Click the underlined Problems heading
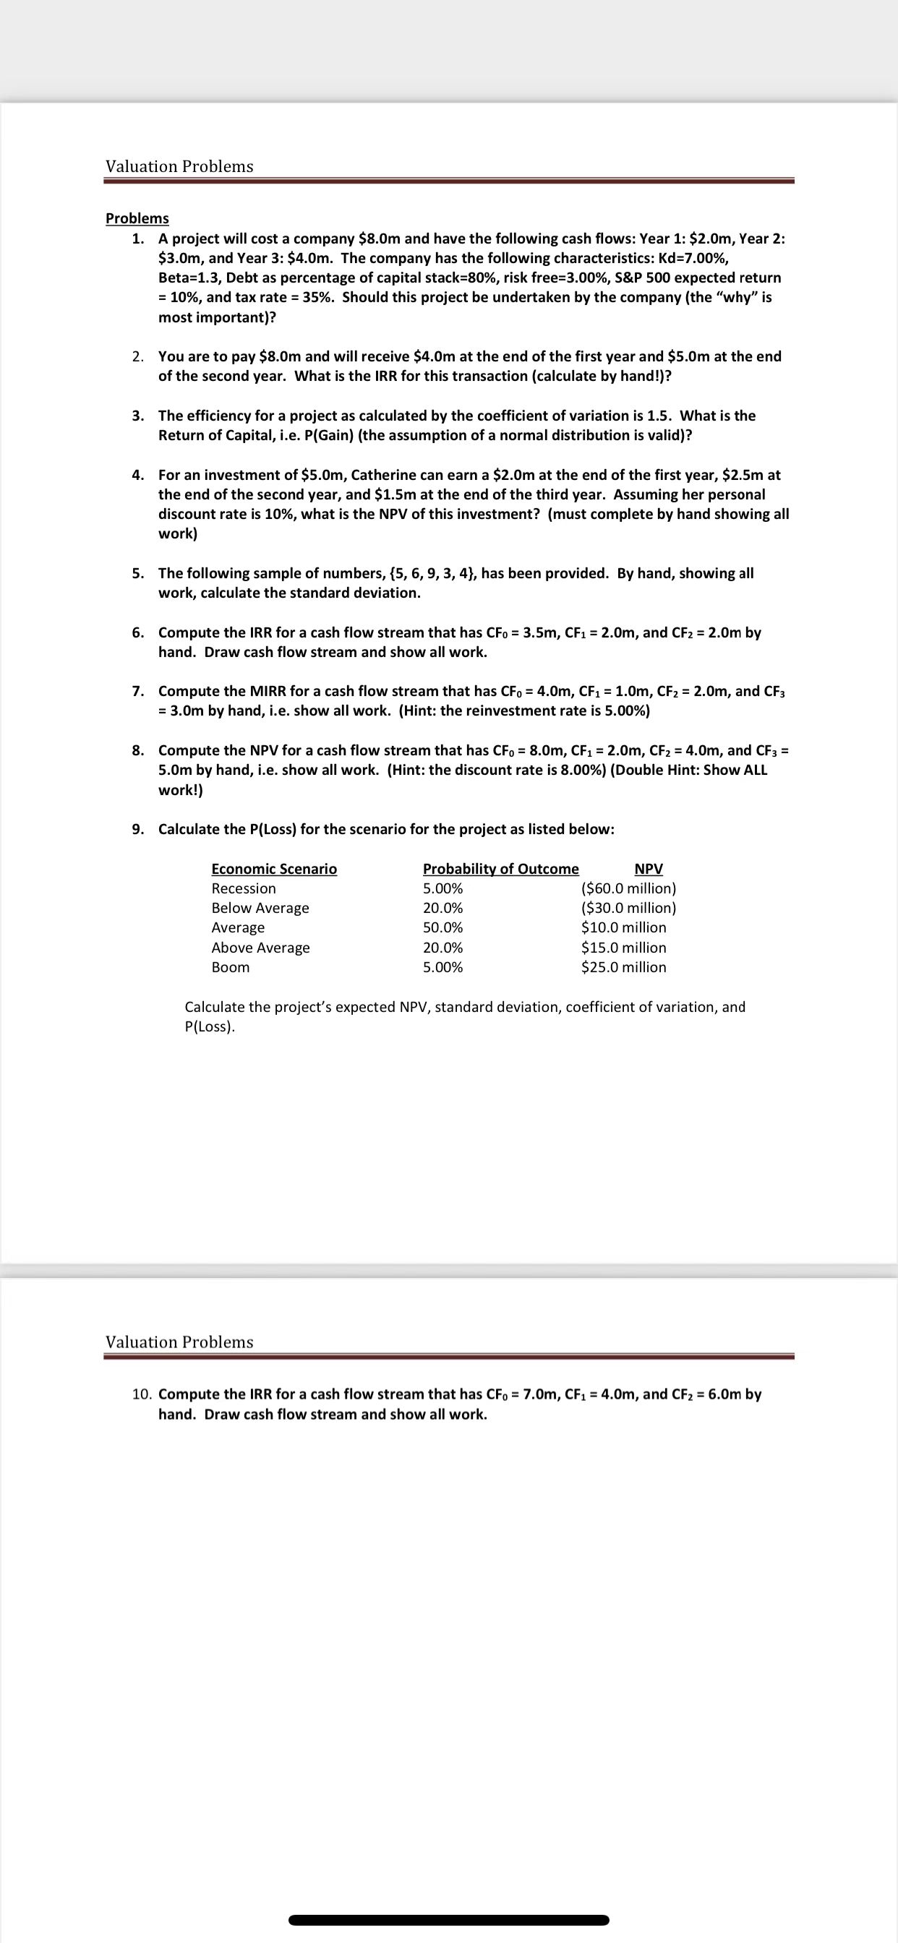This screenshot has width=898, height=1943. (x=137, y=218)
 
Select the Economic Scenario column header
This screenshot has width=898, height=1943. (x=274, y=869)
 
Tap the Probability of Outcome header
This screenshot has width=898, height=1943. (x=500, y=869)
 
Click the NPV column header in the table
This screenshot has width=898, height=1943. (x=649, y=869)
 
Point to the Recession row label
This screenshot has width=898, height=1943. (x=244, y=888)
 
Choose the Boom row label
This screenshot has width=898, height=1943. (x=230, y=967)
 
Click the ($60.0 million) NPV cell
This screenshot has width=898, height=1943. (x=628, y=888)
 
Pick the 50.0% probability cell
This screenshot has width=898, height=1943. (x=443, y=927)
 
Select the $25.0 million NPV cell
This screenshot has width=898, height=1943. (x=623, y=967)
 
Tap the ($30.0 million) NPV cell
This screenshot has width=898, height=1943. (x=628, y=908)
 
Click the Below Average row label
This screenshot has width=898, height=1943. (x=260, y=908)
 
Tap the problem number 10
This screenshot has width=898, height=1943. (x=142, y=1394)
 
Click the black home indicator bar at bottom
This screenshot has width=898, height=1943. (x=449, y=1920)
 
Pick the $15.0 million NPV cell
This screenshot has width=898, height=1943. (x=623, y=948)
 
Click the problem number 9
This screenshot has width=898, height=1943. (x=138, y=830)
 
